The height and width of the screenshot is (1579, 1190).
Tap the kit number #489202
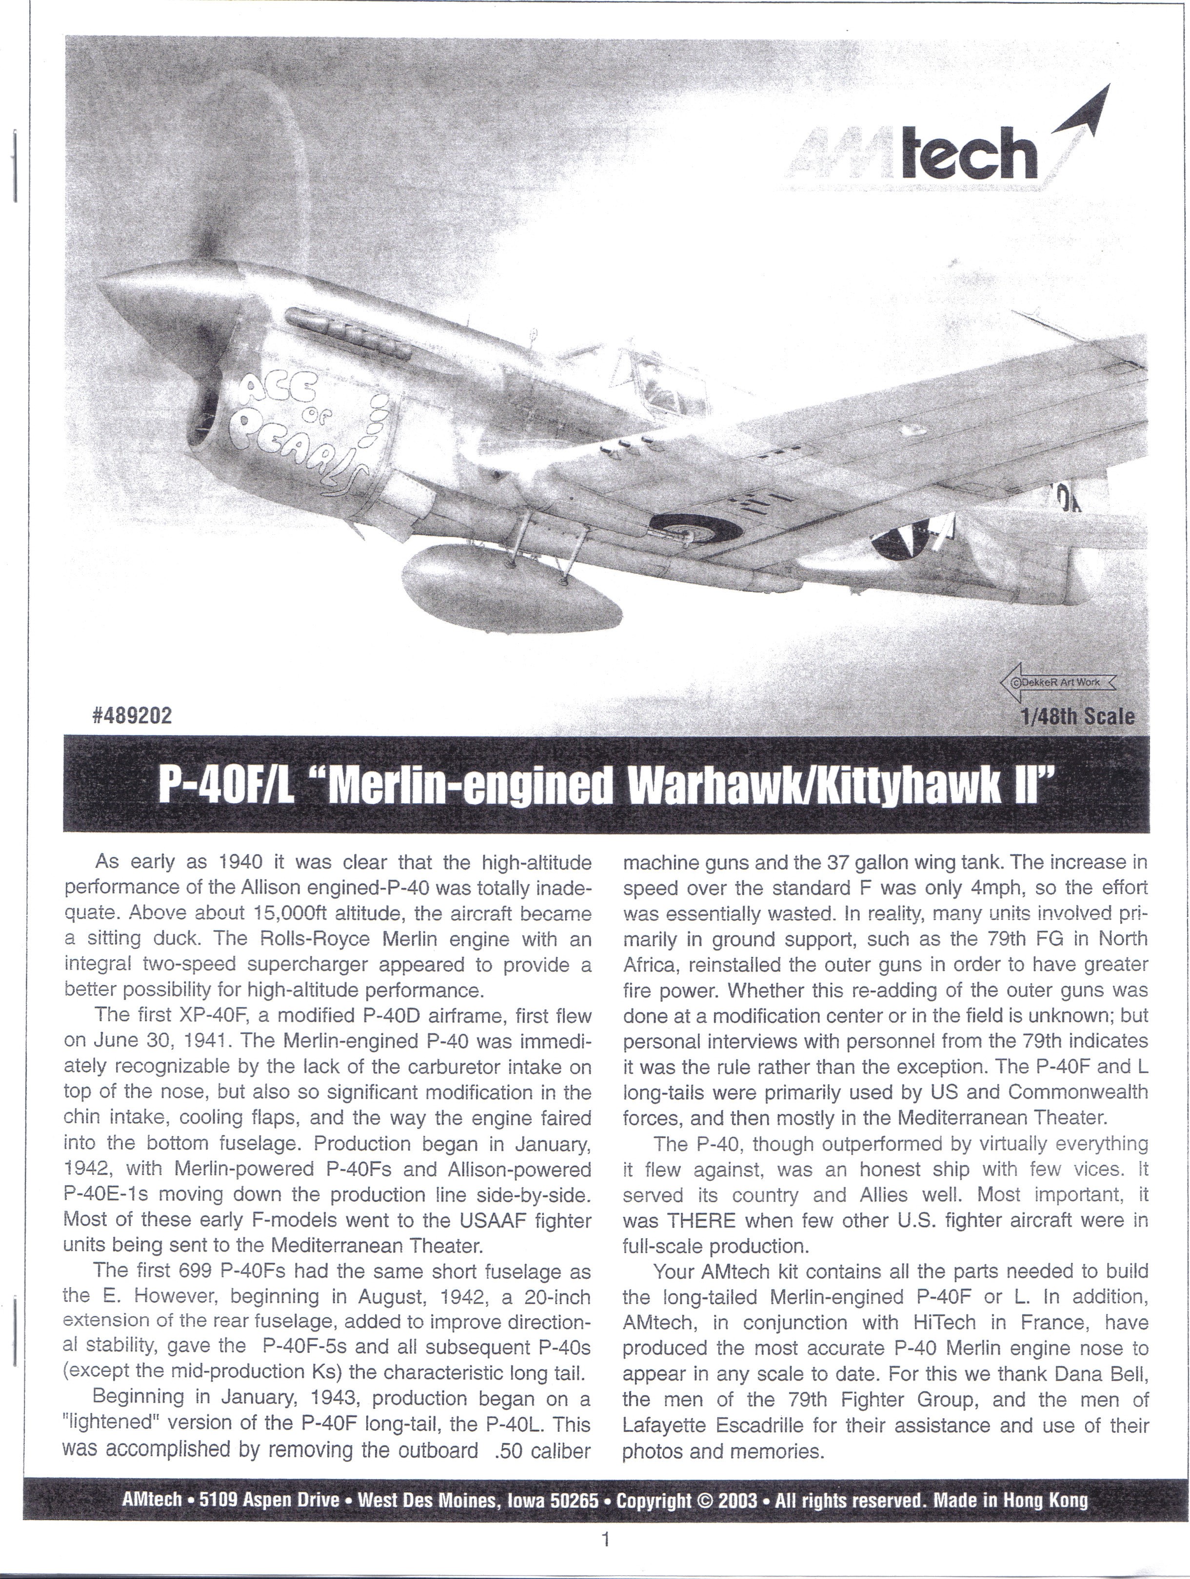click(x=132, y=716)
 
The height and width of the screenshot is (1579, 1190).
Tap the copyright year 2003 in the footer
click(x=737, y=1499)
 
